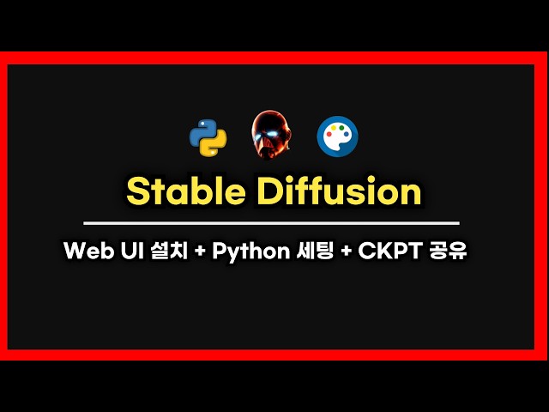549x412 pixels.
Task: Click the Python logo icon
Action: point(208,137)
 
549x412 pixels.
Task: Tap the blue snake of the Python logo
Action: point(202,130)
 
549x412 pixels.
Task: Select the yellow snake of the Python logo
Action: point(213,144)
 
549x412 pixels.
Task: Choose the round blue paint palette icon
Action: point(337,136)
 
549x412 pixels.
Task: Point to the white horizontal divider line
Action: point(274,223)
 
